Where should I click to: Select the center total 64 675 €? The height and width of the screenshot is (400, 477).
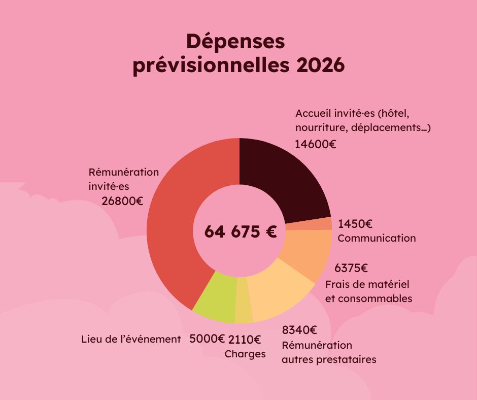[241, 231]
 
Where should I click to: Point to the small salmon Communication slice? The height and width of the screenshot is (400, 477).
[308, 224]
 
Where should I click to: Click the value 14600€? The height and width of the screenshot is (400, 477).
[315, 144]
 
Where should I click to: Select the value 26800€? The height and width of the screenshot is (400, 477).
[122, 201]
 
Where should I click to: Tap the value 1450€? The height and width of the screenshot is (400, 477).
[355, 223]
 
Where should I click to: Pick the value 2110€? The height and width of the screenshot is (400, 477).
[245, 339]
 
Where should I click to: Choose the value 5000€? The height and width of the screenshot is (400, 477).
[207, 339]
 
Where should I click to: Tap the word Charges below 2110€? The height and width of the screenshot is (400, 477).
[245, 354]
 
